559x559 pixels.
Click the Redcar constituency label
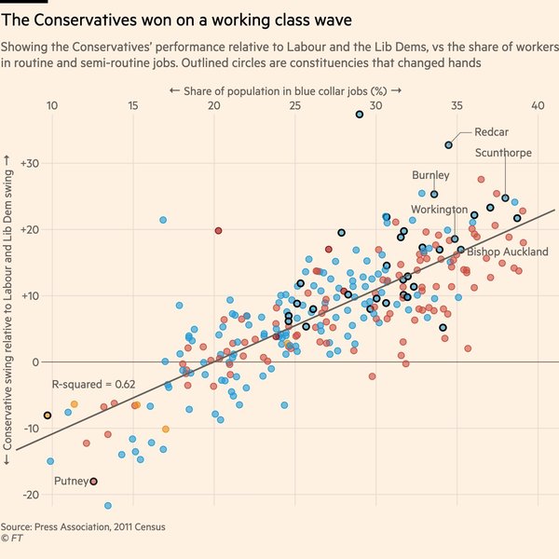490,132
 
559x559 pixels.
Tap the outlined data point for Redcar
449,144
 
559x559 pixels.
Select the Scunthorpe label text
504,153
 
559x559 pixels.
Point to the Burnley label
430,175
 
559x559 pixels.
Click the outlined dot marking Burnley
434,195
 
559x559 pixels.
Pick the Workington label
440,211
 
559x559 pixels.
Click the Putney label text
71,481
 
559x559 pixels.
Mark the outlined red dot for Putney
93,482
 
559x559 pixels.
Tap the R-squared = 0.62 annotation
93,384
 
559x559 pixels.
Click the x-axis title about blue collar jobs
285,90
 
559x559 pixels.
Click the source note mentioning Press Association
83,526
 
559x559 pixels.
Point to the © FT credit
12,539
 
